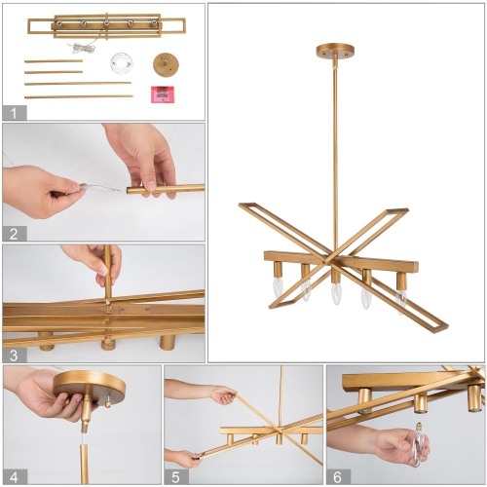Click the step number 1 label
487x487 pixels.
point(14,112)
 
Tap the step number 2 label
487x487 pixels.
point(14,233)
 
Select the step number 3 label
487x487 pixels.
point(14,354)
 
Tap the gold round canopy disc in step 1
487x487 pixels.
point(165,64)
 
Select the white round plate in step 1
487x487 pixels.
point(122,64)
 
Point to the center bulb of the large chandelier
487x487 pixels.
point(336,290)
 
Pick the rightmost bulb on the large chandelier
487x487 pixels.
point(399,299)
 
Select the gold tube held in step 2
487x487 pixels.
point(166,189)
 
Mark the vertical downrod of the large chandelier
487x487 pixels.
point(334,146)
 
